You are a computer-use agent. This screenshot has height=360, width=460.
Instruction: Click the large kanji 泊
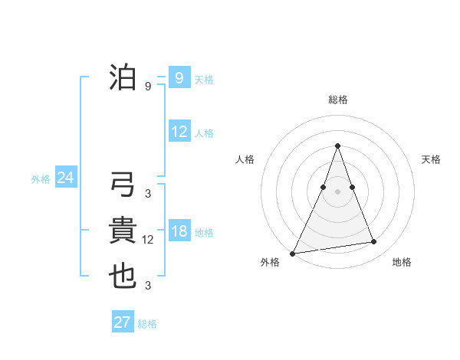[123, 78]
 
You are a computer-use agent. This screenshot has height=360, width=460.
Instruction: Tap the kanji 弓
[123, 185]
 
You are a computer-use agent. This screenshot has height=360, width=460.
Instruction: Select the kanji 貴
[123, 231]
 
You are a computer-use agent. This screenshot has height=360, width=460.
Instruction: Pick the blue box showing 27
[123, 322]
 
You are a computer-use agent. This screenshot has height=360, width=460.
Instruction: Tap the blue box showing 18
[179, 232]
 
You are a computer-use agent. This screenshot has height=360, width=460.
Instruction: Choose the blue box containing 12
[179, 132]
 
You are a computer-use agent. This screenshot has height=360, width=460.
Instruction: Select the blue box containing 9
[179, 78]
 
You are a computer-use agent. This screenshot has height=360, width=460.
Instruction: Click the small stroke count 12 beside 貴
[148, 240]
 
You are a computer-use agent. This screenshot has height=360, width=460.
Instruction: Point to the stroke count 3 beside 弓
[148, 193]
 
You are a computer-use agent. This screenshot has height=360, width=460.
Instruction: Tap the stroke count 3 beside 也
[148, 286]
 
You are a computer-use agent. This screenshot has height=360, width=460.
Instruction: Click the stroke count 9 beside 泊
[148, 87]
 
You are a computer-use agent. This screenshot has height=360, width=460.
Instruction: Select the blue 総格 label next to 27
[147, 324]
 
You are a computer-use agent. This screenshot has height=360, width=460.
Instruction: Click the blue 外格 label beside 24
[41, 179]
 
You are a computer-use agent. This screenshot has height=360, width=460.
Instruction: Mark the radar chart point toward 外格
[293, 253]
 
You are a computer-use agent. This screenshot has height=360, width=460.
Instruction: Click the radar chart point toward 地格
[374, 242]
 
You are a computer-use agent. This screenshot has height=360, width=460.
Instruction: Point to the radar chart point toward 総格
[337, 146]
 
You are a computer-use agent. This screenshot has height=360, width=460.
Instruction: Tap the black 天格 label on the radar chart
[432, 159]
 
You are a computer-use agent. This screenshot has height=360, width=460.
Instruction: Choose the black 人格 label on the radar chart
[245, 159]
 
